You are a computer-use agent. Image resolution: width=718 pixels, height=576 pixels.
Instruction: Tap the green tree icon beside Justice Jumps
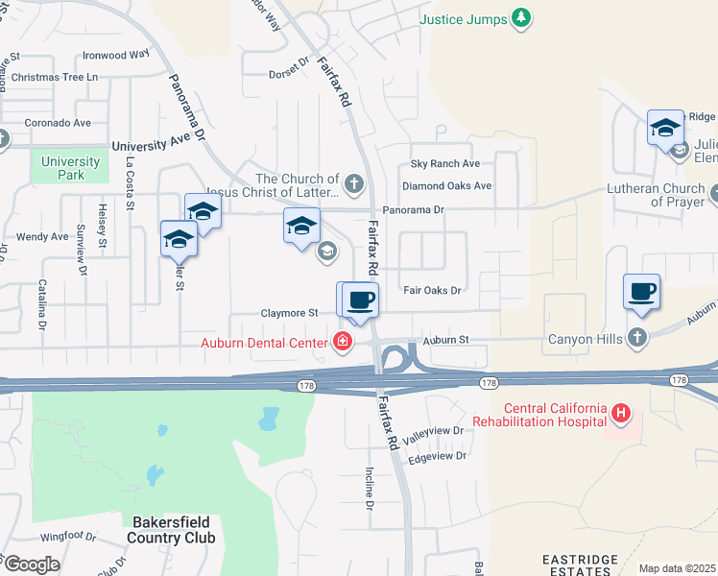tap(520, 17)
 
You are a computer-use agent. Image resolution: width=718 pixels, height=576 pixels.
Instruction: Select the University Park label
tap(70, 168)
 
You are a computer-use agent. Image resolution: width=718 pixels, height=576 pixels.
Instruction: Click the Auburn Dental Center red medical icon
tap(342, 341)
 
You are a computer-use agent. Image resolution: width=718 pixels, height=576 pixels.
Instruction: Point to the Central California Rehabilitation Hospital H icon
tap(621, 414)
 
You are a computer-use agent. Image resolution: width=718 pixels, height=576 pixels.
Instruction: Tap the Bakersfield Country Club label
tap(173, 530)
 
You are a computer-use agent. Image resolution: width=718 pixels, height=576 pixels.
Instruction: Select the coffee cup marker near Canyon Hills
tap(641, 291)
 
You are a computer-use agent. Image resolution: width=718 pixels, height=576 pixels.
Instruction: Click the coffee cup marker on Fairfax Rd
tap(361, 300)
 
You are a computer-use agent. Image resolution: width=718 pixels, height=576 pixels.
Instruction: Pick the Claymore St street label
tap(289, 313)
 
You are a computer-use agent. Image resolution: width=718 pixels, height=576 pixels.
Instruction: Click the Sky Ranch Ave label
tap(444, 164)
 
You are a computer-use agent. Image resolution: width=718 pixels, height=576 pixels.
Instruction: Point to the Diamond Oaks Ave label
tap(446, 185)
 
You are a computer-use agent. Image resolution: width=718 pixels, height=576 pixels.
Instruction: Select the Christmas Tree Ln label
tap(56, 77)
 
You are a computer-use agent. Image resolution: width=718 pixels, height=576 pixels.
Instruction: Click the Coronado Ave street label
tap(57, 123)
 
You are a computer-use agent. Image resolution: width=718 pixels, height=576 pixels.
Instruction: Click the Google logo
tap(31, 564)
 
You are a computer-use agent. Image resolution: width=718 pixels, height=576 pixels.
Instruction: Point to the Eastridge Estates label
tap(576, 564)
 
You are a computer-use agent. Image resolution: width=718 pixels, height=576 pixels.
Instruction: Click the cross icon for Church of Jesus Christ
tap(354, 181)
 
